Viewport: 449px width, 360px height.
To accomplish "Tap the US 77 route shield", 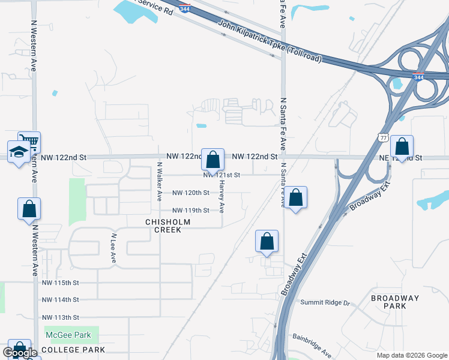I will (x=383, y=138).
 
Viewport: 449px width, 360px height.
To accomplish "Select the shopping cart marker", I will (x=29, y=142).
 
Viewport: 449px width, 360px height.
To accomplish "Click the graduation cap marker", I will (x=19, y=152).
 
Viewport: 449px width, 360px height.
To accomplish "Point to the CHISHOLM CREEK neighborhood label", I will (x=159, y=226).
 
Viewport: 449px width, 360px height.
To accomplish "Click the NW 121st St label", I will (x=221, y=175).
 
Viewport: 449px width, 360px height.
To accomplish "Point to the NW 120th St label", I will (x=191, y=193).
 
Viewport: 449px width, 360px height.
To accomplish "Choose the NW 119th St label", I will (x=191, y=211).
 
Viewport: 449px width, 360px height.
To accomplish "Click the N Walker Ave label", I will (x=160, y=181).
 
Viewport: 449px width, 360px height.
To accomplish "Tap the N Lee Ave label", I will (x=112, y=248).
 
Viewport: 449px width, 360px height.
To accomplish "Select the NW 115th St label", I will (x=61, y=283).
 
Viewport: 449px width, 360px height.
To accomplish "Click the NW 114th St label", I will (x=61, y=300).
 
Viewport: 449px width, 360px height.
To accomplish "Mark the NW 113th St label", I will (x=61, y=317).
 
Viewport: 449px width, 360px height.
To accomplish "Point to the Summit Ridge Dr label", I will (x=325, y=303).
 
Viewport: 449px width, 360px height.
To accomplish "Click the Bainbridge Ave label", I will (x=312, y=346).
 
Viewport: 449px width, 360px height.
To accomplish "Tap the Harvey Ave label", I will (x=221, y=199).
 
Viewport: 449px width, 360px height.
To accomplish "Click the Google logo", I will (x=20, y=353).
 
